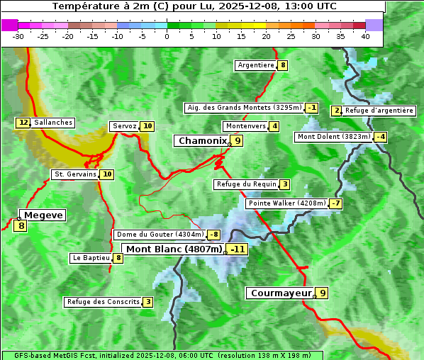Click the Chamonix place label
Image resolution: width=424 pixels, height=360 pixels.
point(202,141)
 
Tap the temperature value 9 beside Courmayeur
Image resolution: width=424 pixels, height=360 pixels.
point(323,293)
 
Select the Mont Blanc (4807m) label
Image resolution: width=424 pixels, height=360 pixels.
point(174,249)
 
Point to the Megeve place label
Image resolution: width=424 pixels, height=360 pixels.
point(43,215)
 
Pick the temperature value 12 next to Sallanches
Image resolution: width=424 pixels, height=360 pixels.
point(23,123)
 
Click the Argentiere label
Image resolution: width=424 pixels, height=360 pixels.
point(256,65)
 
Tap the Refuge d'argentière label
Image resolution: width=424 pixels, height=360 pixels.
point(379,111)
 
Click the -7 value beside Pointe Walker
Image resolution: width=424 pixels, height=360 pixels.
point(335,203)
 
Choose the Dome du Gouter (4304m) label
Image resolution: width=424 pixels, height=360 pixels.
point(160,235)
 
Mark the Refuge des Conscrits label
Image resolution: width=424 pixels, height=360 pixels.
point(103,302)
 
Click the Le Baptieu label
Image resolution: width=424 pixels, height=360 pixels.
point(91,258)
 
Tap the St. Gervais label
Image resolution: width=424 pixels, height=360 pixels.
point(75,174)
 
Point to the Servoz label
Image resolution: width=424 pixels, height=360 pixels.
point(124,126)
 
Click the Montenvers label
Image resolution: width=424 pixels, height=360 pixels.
point(245,126)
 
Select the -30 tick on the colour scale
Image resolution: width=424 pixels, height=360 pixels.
point(18,36)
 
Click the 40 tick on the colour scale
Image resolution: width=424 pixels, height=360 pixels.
point(365,36)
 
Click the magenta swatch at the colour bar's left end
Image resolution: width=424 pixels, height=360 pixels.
point(9,25)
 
